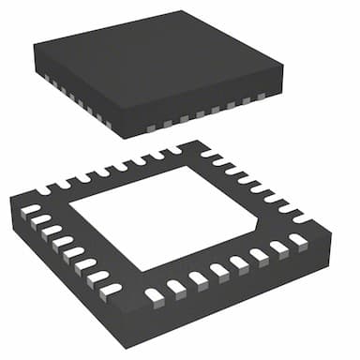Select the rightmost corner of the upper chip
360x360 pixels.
pos(283,67)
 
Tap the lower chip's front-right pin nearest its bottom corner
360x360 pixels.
pos(155,296)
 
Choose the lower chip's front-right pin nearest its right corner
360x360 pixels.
pos(299,240)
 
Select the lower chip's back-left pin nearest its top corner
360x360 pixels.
pos(174,149)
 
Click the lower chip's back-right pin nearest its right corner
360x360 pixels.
pos(302,217)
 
